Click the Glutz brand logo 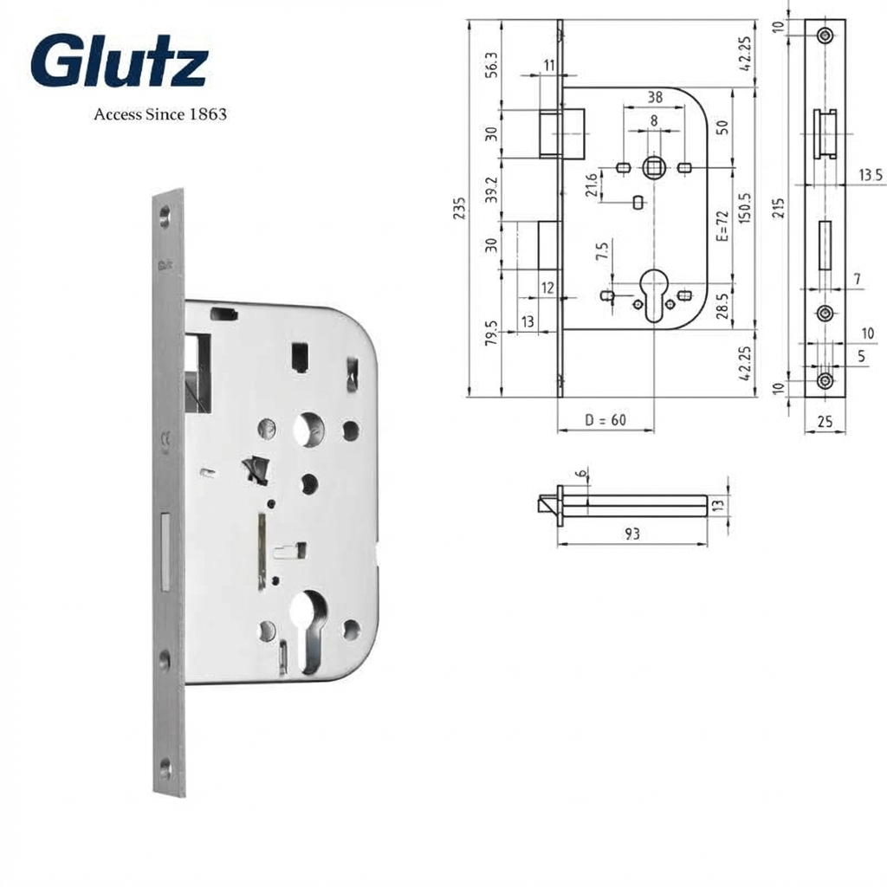pos(119,60)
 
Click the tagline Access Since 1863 pos(160,114)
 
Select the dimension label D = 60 pos(605,420)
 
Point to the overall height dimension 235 pos(459,208)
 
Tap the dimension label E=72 pos(722,226)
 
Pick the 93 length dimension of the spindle pos(631,534)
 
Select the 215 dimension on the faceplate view pos(779,208)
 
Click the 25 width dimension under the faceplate pos(825,421)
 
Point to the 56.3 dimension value pos(491,64)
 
